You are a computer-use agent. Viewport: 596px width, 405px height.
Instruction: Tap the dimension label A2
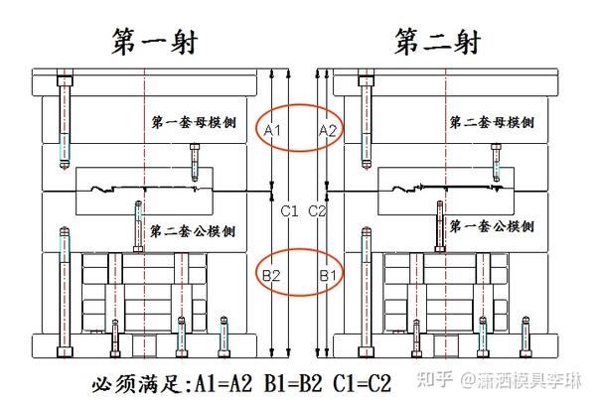click(327, 130)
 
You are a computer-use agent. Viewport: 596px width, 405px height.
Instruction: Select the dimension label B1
click(327, 273)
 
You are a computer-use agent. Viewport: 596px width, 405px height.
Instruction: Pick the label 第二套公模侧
click(193, 231)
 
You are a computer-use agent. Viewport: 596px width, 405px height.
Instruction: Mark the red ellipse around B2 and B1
click(299, 272)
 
